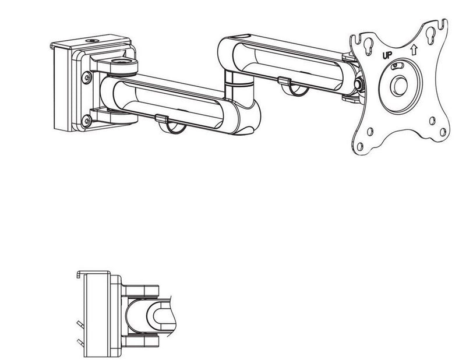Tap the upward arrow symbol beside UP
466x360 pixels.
(414, 50)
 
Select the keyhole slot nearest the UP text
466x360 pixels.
(369, 47)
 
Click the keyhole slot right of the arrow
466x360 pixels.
(430, 36)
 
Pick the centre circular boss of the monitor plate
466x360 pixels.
(400, 85)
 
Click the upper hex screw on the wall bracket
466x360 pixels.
(86, 77)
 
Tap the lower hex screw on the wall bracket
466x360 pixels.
(86, 121)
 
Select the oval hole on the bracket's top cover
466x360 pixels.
(93, 40)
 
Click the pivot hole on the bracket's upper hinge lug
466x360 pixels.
(122, 62)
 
